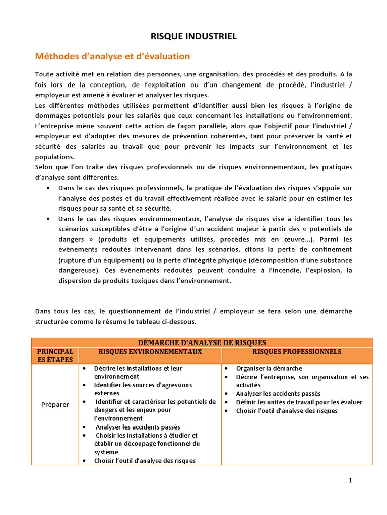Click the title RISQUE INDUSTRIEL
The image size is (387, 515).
click(193, 36)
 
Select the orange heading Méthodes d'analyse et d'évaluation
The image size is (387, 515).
click(112, 56)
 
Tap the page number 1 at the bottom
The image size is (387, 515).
click(350, 480)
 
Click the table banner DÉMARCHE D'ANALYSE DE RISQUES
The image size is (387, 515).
click(202, 342)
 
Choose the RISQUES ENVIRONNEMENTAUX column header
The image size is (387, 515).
click(150, 351)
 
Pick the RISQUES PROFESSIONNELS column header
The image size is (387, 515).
click(297, 351)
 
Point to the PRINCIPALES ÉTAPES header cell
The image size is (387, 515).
click(55, 355)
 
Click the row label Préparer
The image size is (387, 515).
click(55, 404)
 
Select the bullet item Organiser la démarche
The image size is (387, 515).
click(269, 368)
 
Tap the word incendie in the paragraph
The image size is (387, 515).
click(288, 270)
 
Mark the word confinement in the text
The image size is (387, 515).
click(328, 249)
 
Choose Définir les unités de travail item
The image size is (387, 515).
click(299, 402)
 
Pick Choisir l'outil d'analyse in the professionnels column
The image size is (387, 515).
click(287, 411)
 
